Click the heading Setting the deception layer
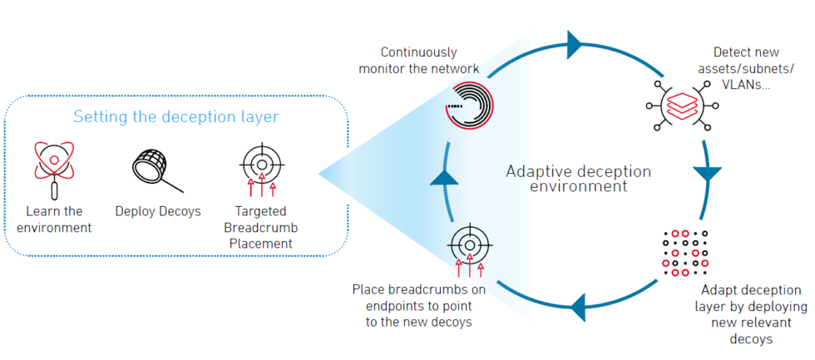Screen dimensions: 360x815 (175, 116)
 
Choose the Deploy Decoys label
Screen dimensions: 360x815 (158, 211)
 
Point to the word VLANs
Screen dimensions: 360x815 (743, 83)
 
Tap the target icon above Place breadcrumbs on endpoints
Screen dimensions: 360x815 (466, 245)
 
